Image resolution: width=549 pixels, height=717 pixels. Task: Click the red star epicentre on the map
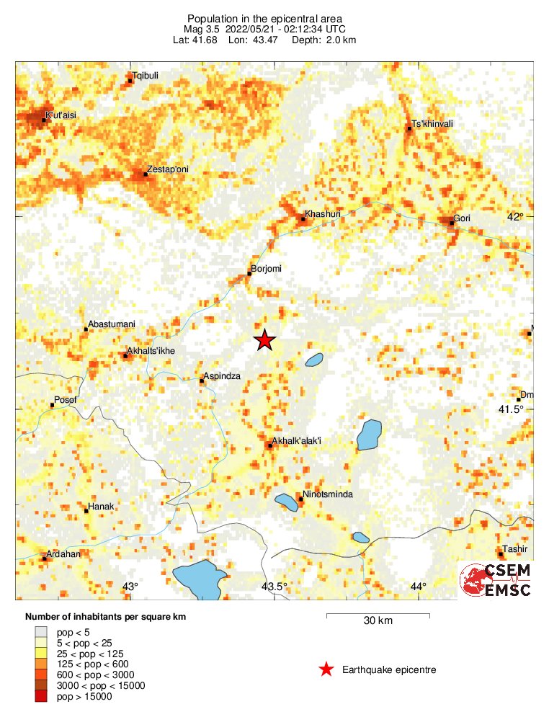coord(265,340)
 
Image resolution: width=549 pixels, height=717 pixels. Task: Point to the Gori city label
coord(461,218)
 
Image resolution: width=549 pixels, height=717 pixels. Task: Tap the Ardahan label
coord(63,554)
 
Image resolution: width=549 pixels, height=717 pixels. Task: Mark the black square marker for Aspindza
coord(202,380)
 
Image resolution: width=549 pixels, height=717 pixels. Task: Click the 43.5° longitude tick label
coord(274,587)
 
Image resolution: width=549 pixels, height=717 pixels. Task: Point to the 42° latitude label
coord(515,217)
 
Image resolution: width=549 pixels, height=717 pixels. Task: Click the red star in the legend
coord(326,669)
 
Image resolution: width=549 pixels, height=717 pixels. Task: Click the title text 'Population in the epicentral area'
coord(264,19)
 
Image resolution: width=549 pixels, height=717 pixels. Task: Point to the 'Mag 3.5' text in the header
coord(204,30)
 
